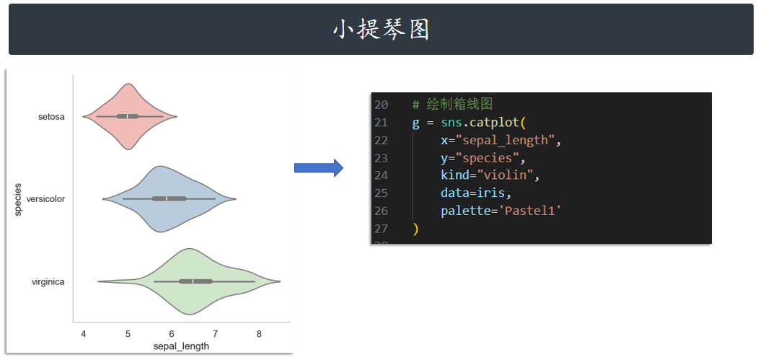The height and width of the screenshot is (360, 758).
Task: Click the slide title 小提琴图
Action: click(381, 30)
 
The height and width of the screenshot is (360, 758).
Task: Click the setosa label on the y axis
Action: click(51, 116)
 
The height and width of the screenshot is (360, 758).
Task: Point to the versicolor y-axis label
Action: click(45, 198)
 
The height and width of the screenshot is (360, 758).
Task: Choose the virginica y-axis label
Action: click(48, 282)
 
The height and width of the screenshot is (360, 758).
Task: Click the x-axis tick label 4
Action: click(84, 333)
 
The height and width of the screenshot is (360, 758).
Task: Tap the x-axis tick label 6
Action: click(172, 333)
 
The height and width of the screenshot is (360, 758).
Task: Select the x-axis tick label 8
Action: click(259, 333)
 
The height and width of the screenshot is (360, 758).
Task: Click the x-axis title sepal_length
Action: click(182, 346)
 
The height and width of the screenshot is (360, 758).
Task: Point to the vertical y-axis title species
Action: click(18, 199)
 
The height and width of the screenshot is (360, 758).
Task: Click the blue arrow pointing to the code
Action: click(318, 168)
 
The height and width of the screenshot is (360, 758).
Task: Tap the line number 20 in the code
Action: click(381, 105)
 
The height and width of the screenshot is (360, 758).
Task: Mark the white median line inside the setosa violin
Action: click(128, 116)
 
